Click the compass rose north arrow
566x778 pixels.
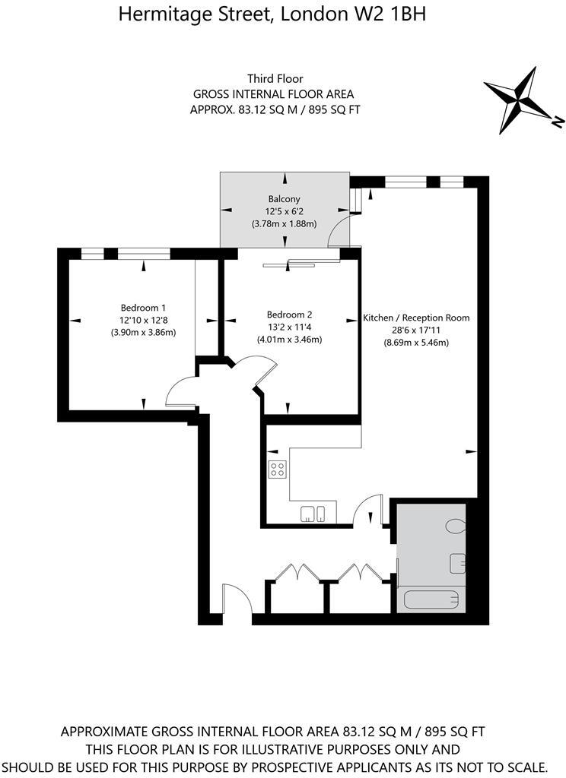(x=525, y=100)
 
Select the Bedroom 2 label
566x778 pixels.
(x=289, y=315)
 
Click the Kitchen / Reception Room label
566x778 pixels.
(x=416, y=318)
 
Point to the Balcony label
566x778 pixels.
(x=284, y=199)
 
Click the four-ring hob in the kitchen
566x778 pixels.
(x=278, y=470)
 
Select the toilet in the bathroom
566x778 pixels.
(x=456, y=526)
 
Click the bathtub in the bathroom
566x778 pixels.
(x=431, y=600)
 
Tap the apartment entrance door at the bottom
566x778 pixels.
(x=236, y=599)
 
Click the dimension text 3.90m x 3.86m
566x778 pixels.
(x=143, y=333)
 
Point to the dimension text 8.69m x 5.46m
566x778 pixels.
(x=416, y=343)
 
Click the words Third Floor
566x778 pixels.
(x=275, y=79)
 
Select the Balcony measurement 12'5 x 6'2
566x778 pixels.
(x=284, y=212)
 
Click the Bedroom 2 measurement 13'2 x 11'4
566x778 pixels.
(x=289, y=327)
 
